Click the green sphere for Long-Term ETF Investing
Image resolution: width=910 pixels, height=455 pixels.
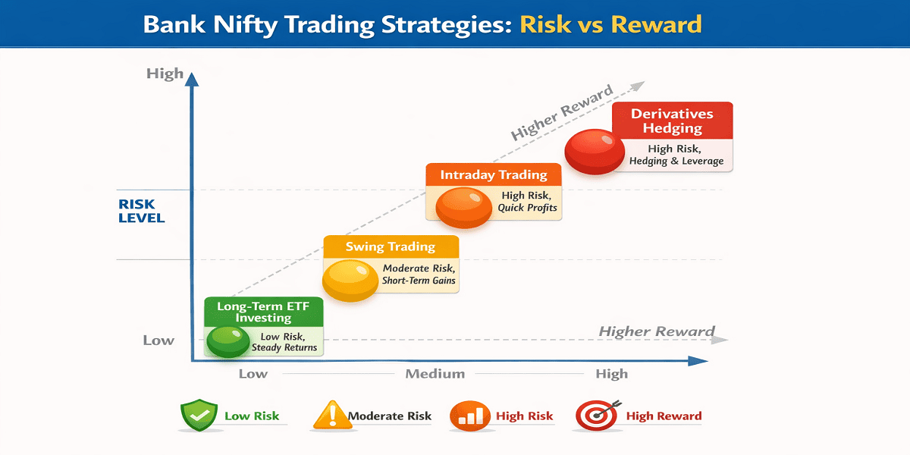tap(228, 342)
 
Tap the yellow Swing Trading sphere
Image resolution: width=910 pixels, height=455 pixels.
tap(350, 281)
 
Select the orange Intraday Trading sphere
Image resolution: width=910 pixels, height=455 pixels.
tap(463, 207)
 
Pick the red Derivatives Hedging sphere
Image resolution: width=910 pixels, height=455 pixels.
tap(595, 152)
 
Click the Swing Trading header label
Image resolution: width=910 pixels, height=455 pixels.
tap(391, 246)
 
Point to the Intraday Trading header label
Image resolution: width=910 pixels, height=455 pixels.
tap(494, 174)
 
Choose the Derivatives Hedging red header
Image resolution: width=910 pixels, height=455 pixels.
tap(673, 121)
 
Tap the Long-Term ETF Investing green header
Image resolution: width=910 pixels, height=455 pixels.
tap(264, 312)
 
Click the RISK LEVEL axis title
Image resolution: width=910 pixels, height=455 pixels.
tap(141, 211)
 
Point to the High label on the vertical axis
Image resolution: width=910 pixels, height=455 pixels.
tap(165, 74)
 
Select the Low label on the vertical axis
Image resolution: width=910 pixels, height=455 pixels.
tap(158, 340)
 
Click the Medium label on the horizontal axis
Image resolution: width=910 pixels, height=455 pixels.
tap(435, 374)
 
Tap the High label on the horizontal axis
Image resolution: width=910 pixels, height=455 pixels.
tap(612, 374)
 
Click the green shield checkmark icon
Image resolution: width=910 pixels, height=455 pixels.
tap(199, 415)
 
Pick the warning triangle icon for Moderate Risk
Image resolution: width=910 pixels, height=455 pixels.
tap(333, 415)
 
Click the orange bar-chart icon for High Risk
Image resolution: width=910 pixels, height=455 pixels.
tap(469, 416)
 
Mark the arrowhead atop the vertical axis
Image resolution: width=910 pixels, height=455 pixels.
tap(192, 80)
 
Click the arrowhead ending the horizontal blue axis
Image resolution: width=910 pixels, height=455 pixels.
tap(698, 361)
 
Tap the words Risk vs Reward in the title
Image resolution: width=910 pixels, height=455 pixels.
tap(610, 24)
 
